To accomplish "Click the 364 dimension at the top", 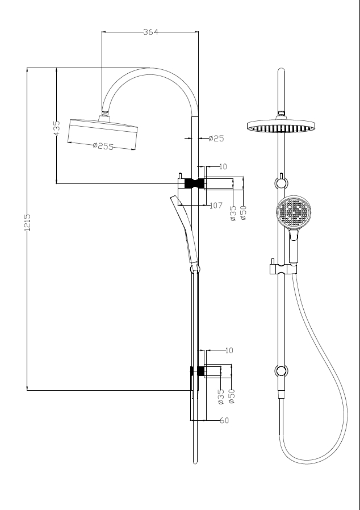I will click(x=150, y=32).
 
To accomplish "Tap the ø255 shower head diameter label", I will click(x=103, y=146).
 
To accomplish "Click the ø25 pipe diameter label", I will click(x=216, y=138).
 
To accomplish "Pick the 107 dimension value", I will click(x=216, y=206).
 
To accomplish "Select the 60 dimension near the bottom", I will click(x=224, y=420).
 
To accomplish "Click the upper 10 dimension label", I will click(x=223, y=167).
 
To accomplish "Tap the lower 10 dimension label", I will click(x=229, y=350).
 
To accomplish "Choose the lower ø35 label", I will click(x=221, y=396).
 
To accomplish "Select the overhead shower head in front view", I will click(x=281, y=126).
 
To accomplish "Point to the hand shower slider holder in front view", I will click(x=278, y=267).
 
